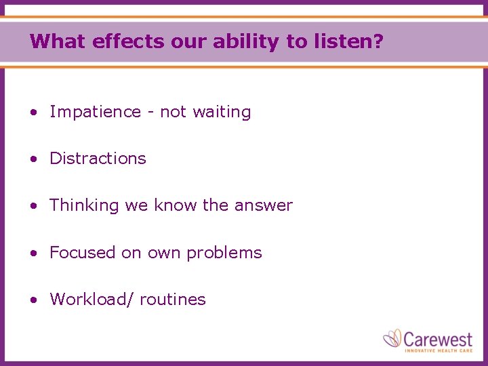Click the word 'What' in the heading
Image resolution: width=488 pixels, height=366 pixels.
(x=58, y=41)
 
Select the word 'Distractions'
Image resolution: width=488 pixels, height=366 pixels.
(x=98, y=159)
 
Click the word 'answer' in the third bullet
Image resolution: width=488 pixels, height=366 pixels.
(x=264, y=205)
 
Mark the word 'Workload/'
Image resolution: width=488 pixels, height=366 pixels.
(x=88, y=300)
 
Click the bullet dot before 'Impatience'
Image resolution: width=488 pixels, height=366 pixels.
(x=33, y=113)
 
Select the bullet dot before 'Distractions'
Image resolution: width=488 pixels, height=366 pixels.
(x=33, y=159)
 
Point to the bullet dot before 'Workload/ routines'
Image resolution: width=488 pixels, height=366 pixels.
(x=33, y=300)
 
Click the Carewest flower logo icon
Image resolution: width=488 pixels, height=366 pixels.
(x=392, y=338)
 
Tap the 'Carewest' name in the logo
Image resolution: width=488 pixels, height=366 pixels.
(x=439, y=337)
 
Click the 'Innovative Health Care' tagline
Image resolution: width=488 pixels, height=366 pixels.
(x=439, y=350)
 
